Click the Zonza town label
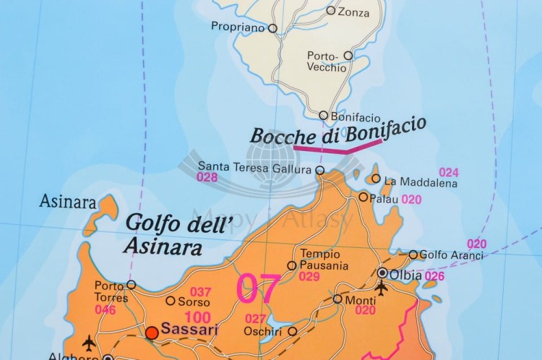[x=353, y=12]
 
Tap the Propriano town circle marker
[x=272, y=28]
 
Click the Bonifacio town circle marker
[x=324, y=115]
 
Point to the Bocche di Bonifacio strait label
[x=337, y=132]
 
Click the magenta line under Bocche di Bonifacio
[x=337, y=150]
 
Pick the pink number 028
[x=207, y=177]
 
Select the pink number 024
[x=449, y=172]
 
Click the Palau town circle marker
[x=364, y=197]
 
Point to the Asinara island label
[x=67, y=201]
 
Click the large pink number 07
[x=258, y=288]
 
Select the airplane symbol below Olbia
[x=381, y=288]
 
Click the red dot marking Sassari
[x=152, y=333]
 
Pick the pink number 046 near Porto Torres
[x=105, y=309]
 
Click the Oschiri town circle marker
[x=292, y=331]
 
